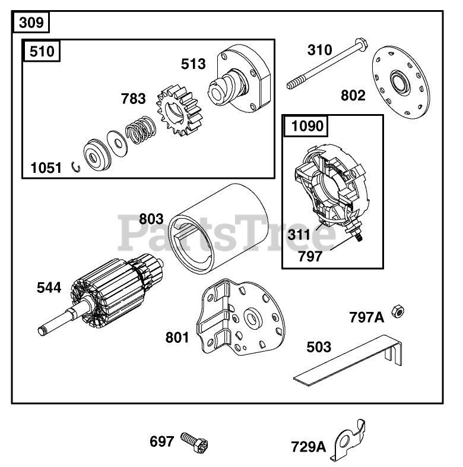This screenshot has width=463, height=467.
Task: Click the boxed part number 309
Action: [31, 23]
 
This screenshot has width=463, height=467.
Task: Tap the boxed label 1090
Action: [307, 126]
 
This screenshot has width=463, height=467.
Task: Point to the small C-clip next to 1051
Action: [75, 167]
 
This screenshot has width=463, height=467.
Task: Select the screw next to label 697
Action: [195, 441]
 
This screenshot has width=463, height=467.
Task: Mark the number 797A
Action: [366, 317]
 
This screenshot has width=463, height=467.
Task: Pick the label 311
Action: [299, 234]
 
